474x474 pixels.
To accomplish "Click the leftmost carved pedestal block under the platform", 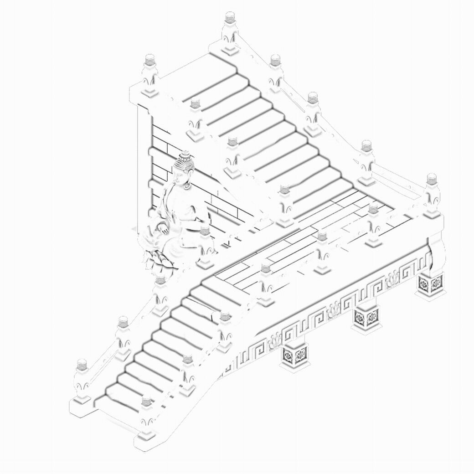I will [295, 355].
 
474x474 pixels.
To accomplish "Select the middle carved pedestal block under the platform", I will [366, 317].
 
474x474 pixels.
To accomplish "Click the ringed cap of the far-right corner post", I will [432, 178].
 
